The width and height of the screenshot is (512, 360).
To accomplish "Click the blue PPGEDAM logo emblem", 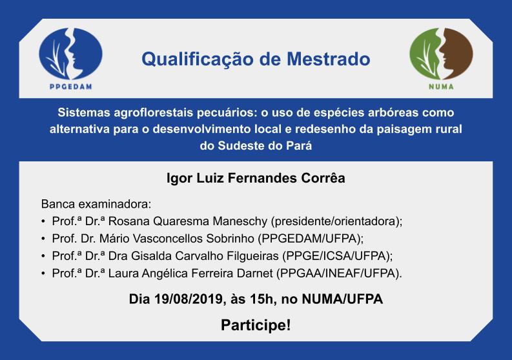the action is click(x=70, y=54).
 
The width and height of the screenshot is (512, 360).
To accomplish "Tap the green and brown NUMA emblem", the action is click(x=441, y=54).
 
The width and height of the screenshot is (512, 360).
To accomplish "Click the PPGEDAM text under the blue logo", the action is click(x=71, y=87).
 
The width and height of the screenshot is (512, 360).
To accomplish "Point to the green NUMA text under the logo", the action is click(x=441, y=87).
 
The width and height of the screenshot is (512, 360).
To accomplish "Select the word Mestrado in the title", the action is click(x=329, y=59).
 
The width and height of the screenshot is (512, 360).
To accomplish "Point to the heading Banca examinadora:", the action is click(x=96, y=205).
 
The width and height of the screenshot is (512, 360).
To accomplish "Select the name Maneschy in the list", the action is click(x=240, y=221).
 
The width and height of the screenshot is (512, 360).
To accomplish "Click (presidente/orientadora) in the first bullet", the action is click(x=335, y=221).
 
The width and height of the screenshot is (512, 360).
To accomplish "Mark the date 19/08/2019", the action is click(x=189, y=299).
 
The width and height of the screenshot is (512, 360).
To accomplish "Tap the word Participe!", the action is click(x=256, y=325).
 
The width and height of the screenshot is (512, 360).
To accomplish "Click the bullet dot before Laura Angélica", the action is click(x=43, y=274).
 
